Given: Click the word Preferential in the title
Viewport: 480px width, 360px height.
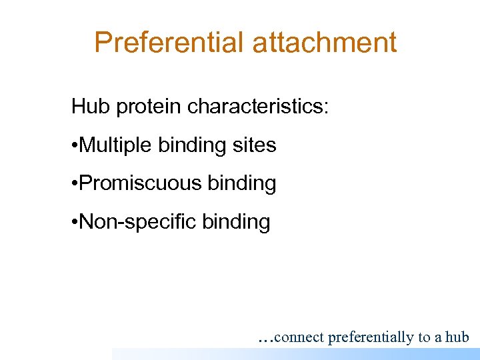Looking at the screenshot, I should (169, 43).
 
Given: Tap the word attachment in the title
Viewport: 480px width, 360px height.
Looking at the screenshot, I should (325, 43).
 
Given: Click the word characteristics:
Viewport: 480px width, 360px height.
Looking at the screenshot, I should (258, 107).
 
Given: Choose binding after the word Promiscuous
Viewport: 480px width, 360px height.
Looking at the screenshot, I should (242, 183).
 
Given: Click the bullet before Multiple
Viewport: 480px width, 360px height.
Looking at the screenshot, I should (75, 145).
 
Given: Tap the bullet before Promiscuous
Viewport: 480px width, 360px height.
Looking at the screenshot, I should (75, 184).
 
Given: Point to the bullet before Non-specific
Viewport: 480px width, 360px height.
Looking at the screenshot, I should (75, 222).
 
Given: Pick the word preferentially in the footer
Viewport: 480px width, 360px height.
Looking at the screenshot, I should (371, 337).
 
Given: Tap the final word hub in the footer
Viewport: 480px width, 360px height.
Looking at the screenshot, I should (457, 337).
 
